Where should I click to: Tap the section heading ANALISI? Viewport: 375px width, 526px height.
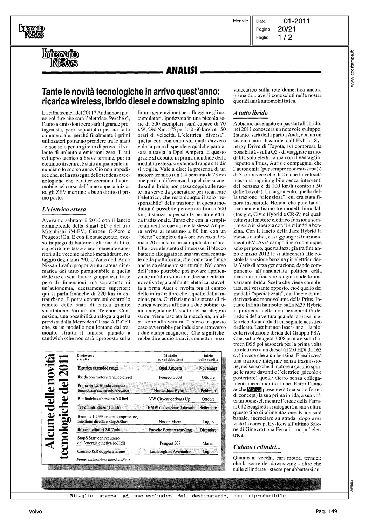coord(181,72)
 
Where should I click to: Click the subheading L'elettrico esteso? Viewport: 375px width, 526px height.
coord(63,210)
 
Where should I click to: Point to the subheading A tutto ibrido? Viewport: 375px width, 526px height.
coord(250,113)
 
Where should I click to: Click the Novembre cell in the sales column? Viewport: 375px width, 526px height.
coord(208,368)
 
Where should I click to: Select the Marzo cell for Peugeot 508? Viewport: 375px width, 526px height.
coord(208,443)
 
